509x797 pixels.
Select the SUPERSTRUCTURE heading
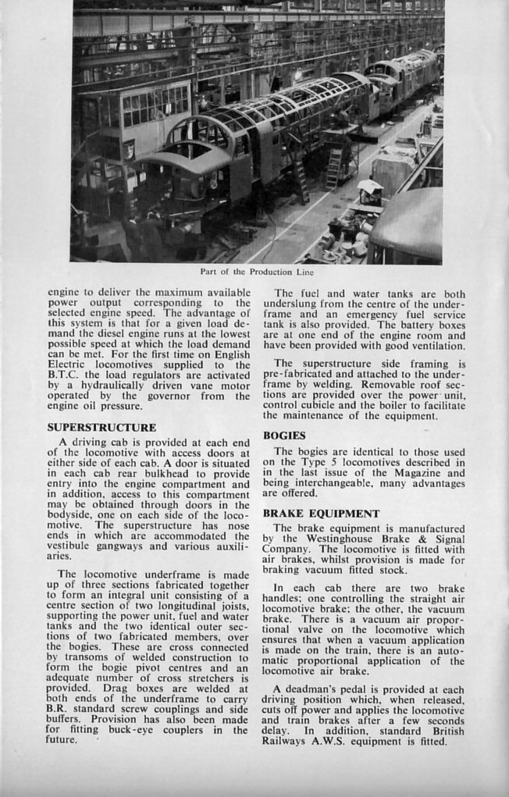pos(101,428)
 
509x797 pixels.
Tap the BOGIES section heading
pos(284,435)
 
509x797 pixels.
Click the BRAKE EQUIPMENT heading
pos(321,514)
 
